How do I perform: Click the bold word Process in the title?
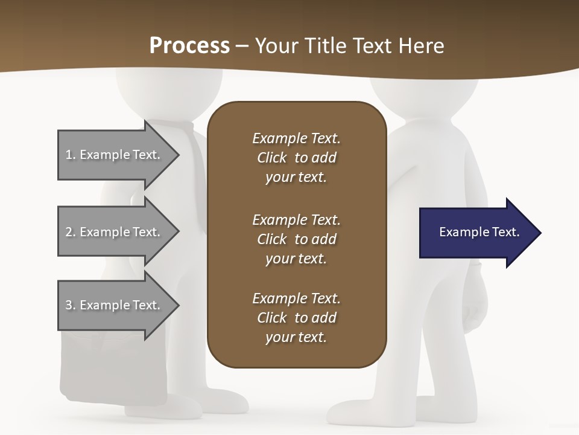pos(189,46)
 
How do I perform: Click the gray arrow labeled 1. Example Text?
pos(115,155)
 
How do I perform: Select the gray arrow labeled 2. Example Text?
pos(115,232)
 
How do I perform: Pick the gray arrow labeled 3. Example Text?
pos(115,305)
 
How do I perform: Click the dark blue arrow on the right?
pos(476,233)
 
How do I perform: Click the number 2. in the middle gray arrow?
pos(70,232)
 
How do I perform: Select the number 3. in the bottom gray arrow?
pos(70,305)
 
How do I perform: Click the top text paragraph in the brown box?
pos(296,158)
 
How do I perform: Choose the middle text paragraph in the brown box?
pos(296,239)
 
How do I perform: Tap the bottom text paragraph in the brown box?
pos(296,318)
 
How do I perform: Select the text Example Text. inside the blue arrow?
pos(479,232)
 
